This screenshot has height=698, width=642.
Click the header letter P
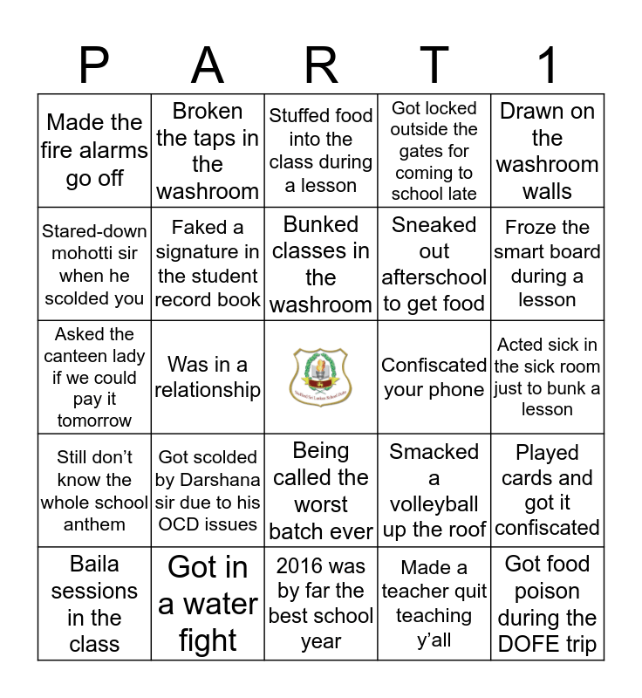[x=94, y=66]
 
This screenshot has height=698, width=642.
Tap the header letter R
[x=321, y=66]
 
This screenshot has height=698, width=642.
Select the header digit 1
[x=548, y=66]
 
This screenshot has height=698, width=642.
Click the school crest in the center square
[x=321, y=377]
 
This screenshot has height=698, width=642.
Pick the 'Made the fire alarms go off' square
[x=94, y=150]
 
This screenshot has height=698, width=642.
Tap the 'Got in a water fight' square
[x=208, y=604]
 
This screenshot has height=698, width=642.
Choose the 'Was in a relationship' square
[x=208, y=377]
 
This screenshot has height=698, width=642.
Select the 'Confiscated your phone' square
[x=434, y=377]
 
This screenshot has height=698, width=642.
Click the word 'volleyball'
[x=434, y=504]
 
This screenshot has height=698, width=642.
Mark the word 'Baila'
[x=94, y=564]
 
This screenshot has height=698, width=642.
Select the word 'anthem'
[x=94, y=524]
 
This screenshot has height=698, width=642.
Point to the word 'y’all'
[x=434, y=640]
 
